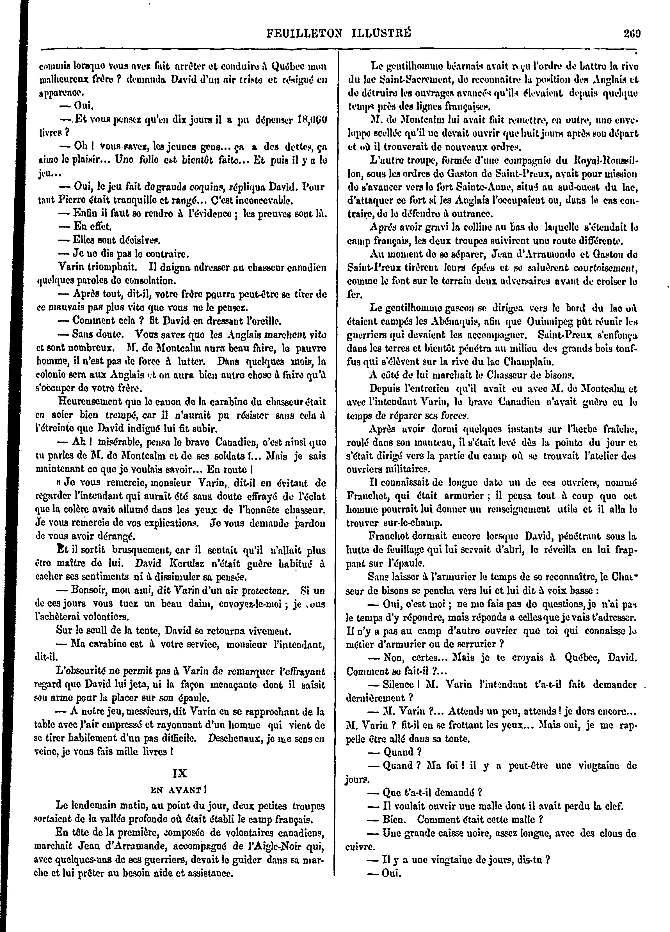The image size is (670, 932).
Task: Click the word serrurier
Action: pyautogui.click(x=481, y=644)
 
